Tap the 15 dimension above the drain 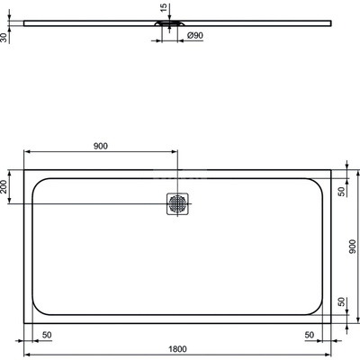pyautogui.click(x=162, y=10)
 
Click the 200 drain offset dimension pyautogui.click(x=6, y=187)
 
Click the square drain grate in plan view pyautogui.click(x=176, y=205)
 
